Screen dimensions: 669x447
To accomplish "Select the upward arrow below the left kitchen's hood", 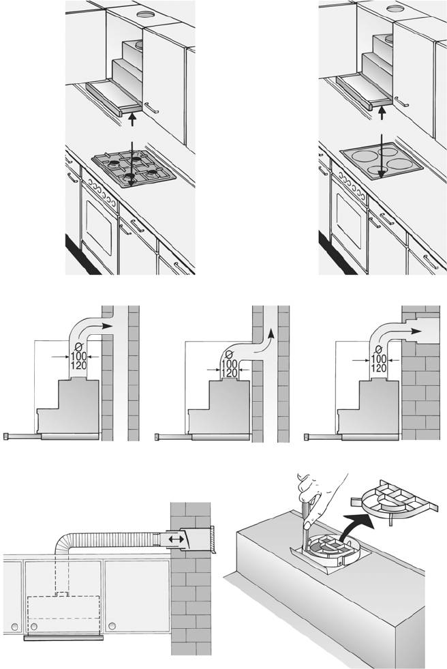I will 132,117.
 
